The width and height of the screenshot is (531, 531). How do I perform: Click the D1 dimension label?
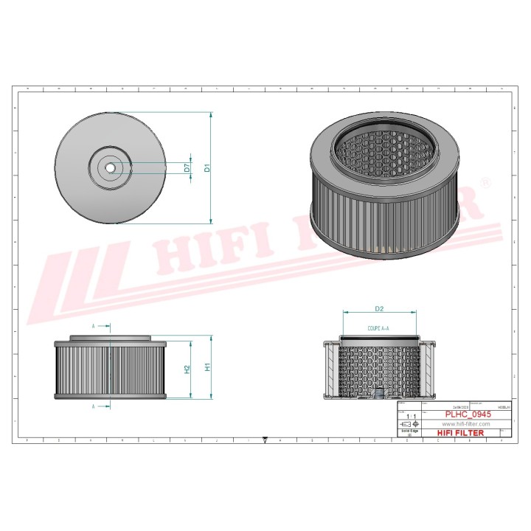point(207,167)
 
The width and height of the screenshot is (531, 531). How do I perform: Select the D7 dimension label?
point(187,167)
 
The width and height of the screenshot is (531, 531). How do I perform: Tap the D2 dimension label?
point(379,308)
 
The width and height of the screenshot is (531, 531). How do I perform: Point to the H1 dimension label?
point(208,367)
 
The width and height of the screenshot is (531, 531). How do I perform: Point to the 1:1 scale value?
point(409,417)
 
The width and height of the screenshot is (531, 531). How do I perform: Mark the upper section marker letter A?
point(94,325)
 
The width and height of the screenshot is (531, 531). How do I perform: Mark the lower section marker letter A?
point(94,406)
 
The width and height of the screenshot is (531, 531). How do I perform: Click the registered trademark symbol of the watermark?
point(485,181)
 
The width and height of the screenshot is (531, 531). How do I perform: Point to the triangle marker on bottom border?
point(265,439)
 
